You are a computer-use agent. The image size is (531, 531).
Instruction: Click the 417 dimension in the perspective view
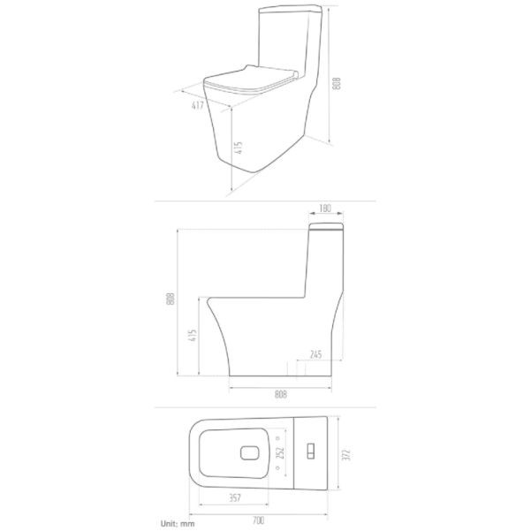[x=198, y=105]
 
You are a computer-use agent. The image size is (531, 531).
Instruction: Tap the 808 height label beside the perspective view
[x=337, y=84]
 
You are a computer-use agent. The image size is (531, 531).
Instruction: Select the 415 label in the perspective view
[x=239, y=148]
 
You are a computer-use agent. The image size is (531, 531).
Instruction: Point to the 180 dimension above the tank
[x=325, y=208]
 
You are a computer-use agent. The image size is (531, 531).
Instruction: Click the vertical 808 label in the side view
[x=171, y=299]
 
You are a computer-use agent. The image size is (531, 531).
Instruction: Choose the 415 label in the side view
[x=193, y=336]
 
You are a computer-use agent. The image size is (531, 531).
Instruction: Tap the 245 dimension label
[x=315, y=354]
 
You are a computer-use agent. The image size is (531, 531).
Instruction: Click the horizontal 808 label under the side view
[x=281, y=394]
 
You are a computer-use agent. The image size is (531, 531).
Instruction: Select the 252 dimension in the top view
[x=280, y=453]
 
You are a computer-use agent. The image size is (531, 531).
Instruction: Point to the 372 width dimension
[x=346, y=454]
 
